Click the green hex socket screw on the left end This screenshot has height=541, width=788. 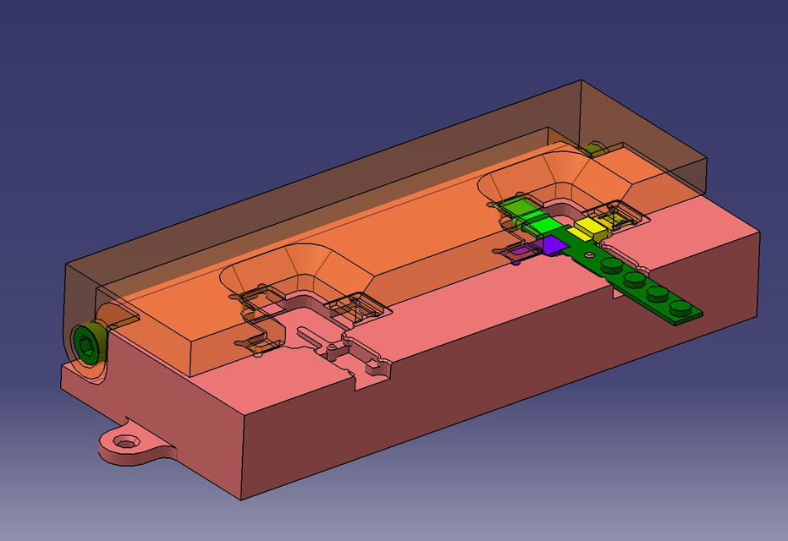(86, 343)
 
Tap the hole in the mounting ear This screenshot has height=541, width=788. (128, 441)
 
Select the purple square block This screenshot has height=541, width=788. (554, 244)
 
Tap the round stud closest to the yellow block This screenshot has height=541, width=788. (610, 265)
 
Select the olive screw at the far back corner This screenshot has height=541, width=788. (594, 150)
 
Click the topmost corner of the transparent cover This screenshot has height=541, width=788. (581, 81)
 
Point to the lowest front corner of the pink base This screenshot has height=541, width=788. (243, 498)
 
